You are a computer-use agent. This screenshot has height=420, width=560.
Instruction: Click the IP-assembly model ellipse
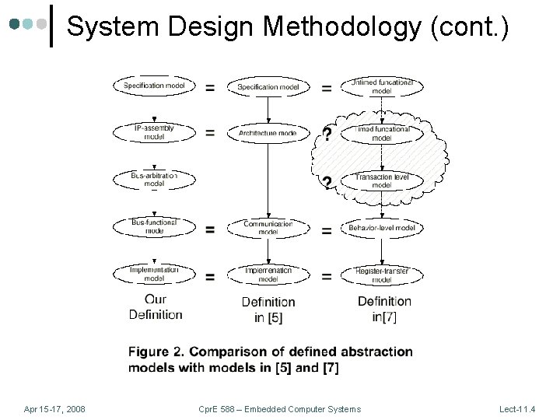click(154, 132)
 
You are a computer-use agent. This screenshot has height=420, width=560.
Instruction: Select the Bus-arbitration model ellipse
click(154, 180)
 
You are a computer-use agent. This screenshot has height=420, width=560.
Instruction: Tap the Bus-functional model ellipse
click(154, 227)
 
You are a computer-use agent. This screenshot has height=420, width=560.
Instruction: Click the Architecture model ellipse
click(268, 133)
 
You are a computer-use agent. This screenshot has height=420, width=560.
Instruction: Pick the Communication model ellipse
click(268, 227)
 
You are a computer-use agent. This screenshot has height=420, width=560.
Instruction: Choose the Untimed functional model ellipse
click(382, 86)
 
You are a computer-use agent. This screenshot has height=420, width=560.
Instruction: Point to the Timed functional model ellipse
click(382, 133)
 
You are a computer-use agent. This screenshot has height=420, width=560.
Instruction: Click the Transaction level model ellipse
click(382, 181)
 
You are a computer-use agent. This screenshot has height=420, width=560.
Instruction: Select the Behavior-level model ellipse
click(382, 228)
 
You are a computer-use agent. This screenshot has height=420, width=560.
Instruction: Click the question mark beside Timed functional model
click(327, 135)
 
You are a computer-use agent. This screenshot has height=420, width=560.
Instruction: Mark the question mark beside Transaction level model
click(327, 184)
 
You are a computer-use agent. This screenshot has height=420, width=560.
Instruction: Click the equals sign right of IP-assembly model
click(210, 133)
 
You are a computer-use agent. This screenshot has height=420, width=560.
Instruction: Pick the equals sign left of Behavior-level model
click(327, 230)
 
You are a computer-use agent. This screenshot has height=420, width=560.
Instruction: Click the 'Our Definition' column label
click(156, 307)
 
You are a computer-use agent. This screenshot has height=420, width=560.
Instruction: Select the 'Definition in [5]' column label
click(268, 310)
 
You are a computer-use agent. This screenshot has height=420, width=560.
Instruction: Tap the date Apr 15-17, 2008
click(54, 409)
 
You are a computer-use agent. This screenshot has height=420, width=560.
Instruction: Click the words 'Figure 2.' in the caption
click(156, 352)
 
